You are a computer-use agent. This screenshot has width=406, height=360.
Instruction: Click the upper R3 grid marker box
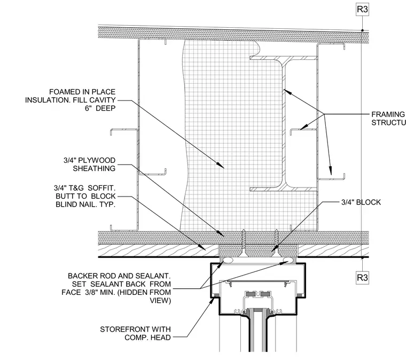tap(362, 10)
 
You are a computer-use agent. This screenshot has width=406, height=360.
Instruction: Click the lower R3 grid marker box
tap(362, 278)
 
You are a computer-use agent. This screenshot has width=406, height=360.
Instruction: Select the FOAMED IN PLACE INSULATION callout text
tap(70, 100)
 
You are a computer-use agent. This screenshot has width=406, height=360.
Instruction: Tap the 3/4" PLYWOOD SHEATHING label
tap(89, 165)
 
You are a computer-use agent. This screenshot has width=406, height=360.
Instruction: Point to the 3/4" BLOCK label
tap(361, 202)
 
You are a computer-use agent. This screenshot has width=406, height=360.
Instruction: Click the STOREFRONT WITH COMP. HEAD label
tap(135, 333)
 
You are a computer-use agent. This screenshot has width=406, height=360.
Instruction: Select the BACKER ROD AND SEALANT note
tap(116, 288)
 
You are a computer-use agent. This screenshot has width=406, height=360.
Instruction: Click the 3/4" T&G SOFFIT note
tap(84, 196)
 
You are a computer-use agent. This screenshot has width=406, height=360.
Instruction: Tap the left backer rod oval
tap(228, 260)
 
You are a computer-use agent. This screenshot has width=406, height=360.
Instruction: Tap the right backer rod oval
tap(288, 260)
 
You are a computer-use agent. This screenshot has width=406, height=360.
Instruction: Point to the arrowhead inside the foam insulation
tap(220, 166)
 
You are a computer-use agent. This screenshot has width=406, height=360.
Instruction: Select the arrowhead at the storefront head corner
tap(212, 300)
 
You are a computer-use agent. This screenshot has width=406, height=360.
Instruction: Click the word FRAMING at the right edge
tap(388, 114)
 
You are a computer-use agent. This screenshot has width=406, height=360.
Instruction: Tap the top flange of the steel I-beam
tap(284, 58)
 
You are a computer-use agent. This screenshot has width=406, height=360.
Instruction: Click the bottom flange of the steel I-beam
tap(284, 189)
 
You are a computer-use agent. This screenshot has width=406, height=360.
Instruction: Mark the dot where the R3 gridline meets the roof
tap(363, 30)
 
